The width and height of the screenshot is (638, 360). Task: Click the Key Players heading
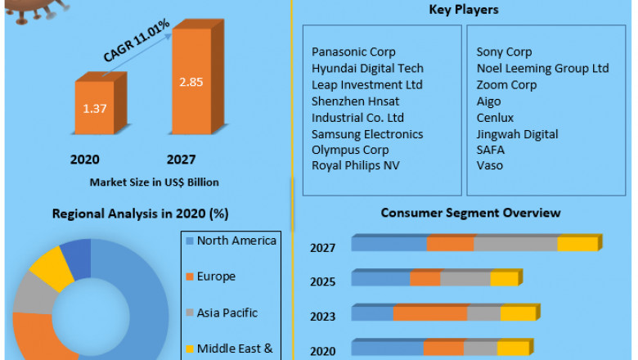coord(463,10)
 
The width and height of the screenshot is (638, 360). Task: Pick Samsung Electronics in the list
coord(367,134)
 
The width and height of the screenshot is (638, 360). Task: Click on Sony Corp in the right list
coord(504,52)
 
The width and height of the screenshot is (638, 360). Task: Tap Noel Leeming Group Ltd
coord(542,69)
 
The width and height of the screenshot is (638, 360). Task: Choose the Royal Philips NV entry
coord(355,165)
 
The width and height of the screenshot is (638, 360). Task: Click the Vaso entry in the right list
coord(490,165)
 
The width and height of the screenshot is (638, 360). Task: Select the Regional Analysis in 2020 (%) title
coord(140,214)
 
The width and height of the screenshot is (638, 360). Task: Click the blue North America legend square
coord(190,241)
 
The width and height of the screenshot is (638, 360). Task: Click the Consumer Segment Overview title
coord(470,213)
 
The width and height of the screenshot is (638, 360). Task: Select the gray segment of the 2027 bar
coord(515,244)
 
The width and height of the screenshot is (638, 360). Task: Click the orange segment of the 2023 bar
coord(429,313)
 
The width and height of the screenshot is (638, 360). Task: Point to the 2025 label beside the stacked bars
coord(322,281)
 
